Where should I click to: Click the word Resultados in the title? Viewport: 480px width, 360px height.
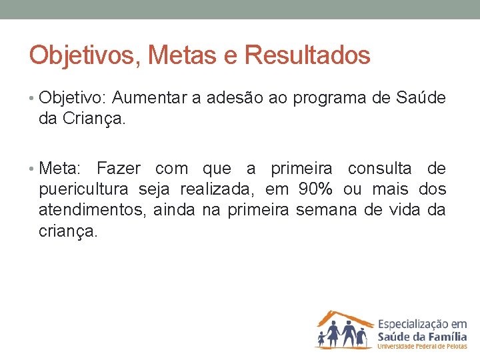(x=307, y=55)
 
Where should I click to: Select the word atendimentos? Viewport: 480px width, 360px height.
(x=92, y=211)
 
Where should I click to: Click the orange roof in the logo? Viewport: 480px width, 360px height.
(x=344, y=315)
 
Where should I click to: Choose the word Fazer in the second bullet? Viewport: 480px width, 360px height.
(x=119, y=168)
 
